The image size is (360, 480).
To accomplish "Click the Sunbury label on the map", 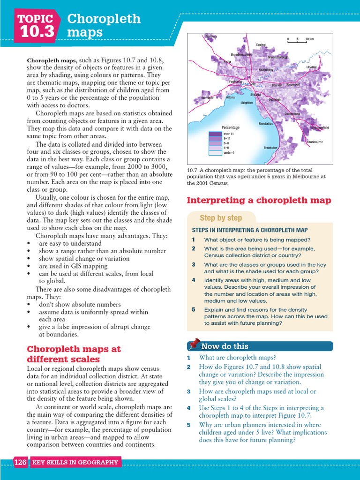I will (x=211, y=36).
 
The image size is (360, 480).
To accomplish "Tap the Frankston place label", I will (x=270, y=148).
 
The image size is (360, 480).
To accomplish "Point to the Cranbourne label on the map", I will (x=315, y=142).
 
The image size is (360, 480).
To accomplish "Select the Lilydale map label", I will (x=312, y=67).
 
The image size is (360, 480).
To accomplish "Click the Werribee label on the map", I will (x=207, y=98).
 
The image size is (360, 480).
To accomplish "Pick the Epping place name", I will (x=261, y=45).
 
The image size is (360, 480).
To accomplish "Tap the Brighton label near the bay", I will (x=247, y=103).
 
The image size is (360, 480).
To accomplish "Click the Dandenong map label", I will (x=292, y=114).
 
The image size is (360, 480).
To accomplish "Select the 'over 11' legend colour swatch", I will (x=215, y=134).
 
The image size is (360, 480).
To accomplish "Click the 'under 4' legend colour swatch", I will (x=215, y=152).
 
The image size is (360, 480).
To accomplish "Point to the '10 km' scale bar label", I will (x=309, y=39).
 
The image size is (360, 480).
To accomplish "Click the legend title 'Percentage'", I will (x=231, y=127).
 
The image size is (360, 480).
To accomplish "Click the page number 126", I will (x=20, y=463).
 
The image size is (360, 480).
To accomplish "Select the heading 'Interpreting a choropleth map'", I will (x=259, y=201).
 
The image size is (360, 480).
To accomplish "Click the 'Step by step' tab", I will (x=221, y=218).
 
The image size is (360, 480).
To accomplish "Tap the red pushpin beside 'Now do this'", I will (x=195, y=345).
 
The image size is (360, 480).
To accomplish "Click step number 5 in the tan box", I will (x=193, y=310).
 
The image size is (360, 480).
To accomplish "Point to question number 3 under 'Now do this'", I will (x=188, y=391).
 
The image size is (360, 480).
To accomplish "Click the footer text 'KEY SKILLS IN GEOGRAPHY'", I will (x=75, y=463).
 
